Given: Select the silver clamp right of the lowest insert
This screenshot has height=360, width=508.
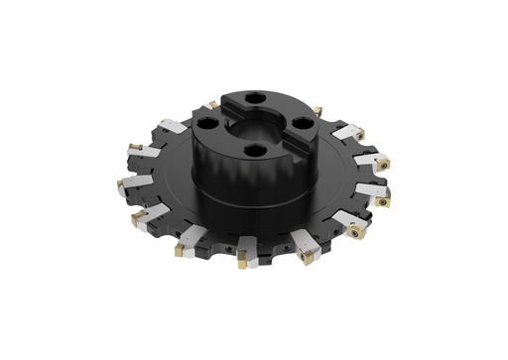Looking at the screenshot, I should pos(260,261).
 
